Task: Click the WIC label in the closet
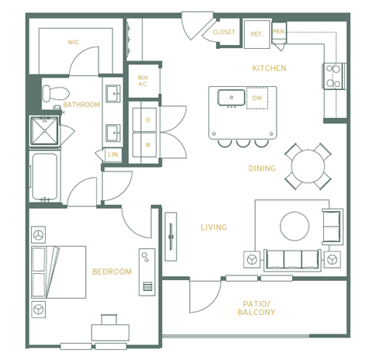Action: (74, 42)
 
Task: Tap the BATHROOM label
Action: (81, 105)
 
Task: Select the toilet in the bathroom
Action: (49, 93)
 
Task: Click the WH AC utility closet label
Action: (143, 81)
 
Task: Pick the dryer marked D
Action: (147, 120)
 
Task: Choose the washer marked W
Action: (147, 144)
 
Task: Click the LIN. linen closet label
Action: (113, 155)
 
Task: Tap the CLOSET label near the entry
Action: (224, 33)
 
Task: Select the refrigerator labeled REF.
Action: (256, 33)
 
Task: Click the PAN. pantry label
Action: (279, 31)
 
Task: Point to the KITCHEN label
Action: (269, 68)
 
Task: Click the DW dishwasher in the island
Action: (257, 98)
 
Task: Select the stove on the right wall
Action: (333, 76)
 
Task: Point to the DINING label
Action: (261, 168)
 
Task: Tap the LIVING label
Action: (213, 227)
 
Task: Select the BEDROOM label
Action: (112, 272)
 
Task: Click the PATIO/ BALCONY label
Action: (257, 307)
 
